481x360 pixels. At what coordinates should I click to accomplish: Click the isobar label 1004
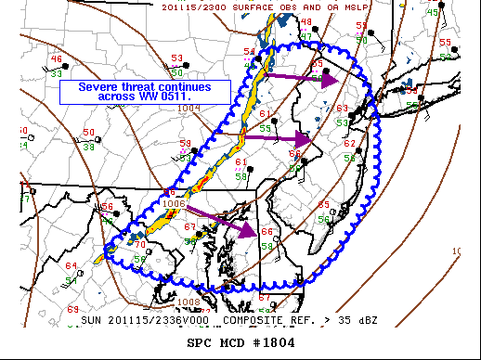pos(188,109)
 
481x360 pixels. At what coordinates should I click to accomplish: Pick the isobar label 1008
pos(189,302)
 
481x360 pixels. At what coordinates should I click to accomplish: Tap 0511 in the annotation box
pos(176,97)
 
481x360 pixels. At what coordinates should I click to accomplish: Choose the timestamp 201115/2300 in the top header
pos(222,6)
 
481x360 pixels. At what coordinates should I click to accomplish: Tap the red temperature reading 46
pos(57,58)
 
